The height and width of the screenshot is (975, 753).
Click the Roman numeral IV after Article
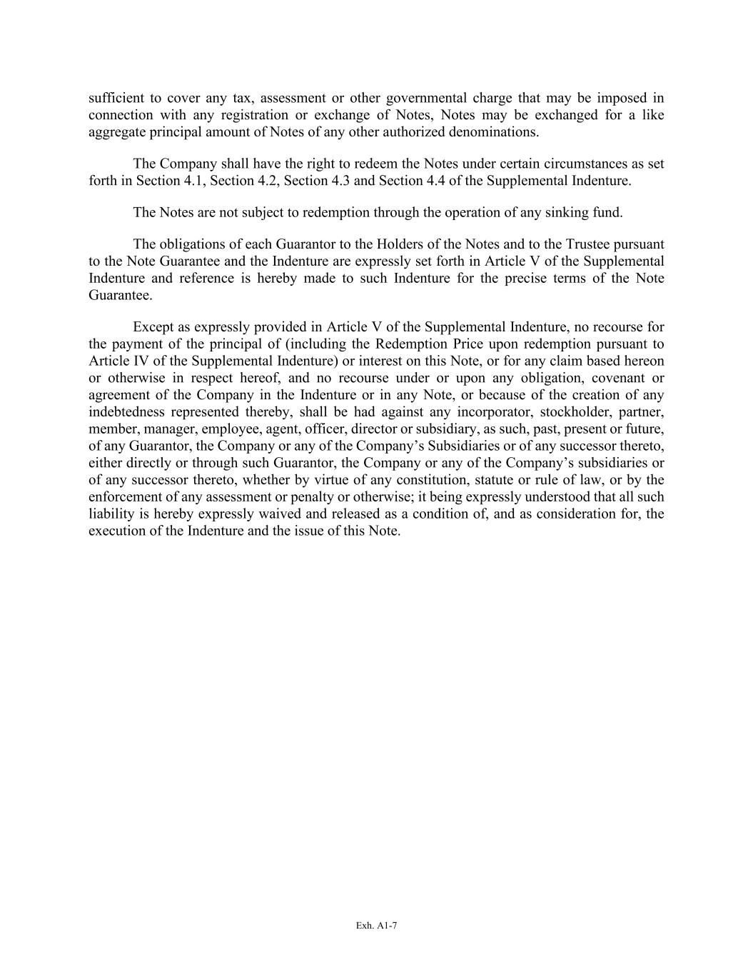tap(137, 361)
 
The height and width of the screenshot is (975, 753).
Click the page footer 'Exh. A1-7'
tap(376, 926)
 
